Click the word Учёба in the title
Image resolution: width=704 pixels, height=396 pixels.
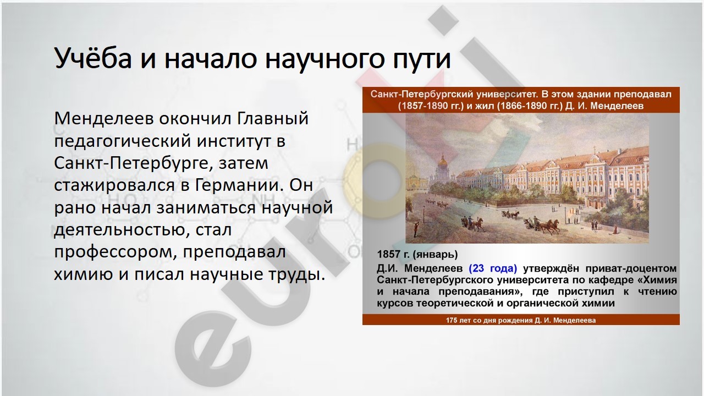tap(93, 58)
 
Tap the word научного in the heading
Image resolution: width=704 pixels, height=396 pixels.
tap(324, 59)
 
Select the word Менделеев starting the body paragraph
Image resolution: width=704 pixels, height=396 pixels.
tap(103, 118)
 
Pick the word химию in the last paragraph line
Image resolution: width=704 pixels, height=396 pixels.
tap(84, 274)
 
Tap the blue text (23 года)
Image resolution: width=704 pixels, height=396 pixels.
tap(493, 268)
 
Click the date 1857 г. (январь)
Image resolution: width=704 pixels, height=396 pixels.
tap(417, 254)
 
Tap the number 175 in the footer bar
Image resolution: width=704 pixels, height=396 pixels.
tap(452, 320)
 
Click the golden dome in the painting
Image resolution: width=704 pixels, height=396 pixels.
tap(443, 162)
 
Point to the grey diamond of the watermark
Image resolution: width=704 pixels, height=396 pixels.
tap(443, 21)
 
